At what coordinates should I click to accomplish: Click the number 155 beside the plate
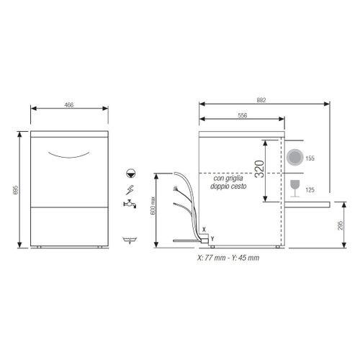(310, 157)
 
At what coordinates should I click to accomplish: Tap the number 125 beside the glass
(310, 190)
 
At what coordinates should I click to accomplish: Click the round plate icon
(294, 158)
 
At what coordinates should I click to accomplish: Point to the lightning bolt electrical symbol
(130, 189)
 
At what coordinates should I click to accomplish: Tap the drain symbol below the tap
(130, 239)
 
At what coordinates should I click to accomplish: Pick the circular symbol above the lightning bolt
(130, 174)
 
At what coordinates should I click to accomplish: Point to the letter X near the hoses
(204, 229)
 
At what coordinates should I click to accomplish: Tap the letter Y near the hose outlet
(214, 237)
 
